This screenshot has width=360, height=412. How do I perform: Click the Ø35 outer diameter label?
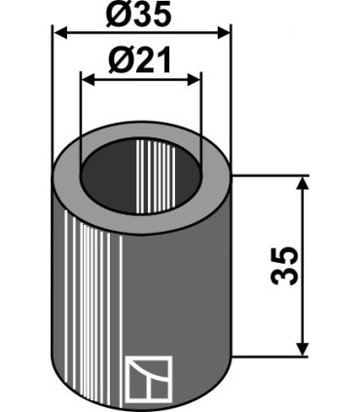tap(138, 16)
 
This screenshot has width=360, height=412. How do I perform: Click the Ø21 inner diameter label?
tap(140, 60)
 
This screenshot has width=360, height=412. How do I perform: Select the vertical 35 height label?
tap(284, 266)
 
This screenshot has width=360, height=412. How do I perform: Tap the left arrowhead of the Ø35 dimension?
tap(60, 33)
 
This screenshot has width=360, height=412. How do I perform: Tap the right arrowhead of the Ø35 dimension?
tap(224, 33)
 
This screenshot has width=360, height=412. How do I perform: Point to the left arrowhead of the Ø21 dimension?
tap(88, 79)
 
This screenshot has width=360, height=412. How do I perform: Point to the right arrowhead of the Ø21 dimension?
tap(194, 79)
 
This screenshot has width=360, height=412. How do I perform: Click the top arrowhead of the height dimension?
tap(303, 184)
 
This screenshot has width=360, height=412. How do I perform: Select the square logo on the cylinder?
tap(149, 378)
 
